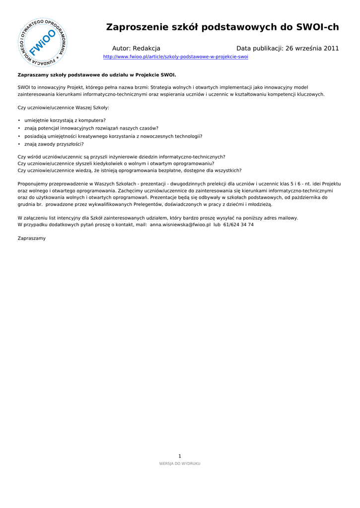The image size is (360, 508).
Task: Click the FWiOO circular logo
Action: tap(43, 43)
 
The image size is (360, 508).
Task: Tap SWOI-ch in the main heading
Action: tap(317, 27)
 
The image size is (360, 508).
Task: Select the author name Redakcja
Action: tap(146, 49)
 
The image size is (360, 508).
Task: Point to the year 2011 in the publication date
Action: tap(331, 49)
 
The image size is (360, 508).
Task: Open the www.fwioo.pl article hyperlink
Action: tap(175, 57)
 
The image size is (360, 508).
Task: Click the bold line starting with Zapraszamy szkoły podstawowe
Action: tap(97, 75)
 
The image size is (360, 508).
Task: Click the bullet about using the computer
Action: tap(65, 120)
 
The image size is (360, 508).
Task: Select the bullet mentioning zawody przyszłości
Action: tap(54, 144)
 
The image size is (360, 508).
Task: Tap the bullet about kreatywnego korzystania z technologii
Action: tap(113, 136)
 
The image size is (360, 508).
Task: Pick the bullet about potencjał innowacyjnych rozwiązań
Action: tap(91, 128)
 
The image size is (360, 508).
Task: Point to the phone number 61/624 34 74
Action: tap(238, 225)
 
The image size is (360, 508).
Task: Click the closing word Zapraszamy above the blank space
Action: tap(31, 238)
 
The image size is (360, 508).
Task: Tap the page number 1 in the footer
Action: tap(180, 456)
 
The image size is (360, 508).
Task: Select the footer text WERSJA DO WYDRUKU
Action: tap(180, 463)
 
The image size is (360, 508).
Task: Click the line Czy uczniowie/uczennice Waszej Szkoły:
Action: tap(64, 108)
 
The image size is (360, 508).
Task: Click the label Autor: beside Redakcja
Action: tap(121, 49)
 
